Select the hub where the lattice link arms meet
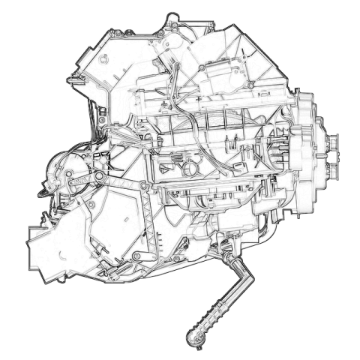pyautogui.click(x=97, y=176)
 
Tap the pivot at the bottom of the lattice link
pyautogui.click(x=138, y=257)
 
